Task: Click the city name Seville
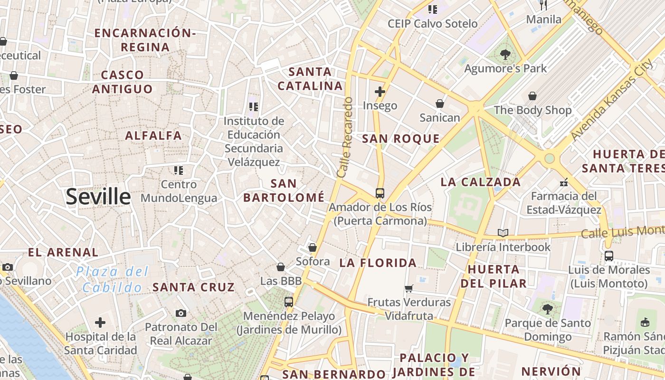click(98, 197)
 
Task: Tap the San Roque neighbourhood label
click(400, 139)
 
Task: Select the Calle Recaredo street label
click(345, 138)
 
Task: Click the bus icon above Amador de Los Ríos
click(380, 193)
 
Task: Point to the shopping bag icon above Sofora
click(313, 247)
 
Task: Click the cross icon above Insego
click(380, 92)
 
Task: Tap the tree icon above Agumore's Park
click(505, 55)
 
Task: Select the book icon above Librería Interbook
click(503, 233)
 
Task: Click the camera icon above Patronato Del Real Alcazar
click(180, 313)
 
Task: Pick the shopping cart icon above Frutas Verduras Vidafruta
click(408, 288)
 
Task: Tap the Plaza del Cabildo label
click(112, 279)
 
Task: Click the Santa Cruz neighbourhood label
click(193, 287)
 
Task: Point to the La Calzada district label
click(481, 182)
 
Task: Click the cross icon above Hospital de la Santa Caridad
click(100, 323)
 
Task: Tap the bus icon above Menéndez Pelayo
click(288, 302)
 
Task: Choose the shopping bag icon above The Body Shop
click(532, 96)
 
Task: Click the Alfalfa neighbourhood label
click(153, 135)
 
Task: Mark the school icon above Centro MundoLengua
click(179, 170)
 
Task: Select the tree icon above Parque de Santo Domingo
click(548, 309)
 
